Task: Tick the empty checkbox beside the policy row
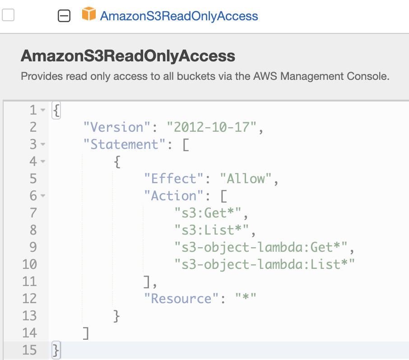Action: click(8, 15)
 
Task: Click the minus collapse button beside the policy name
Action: click(65, 16)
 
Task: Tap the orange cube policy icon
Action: click(89, 15)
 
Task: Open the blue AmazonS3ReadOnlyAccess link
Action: click(179, 16)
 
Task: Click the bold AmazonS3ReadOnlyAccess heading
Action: click(128, 56)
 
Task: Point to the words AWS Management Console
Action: click(334, 76)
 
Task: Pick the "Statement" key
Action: click(121, 144)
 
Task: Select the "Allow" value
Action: click(246, 179)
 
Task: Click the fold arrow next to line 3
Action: click(43, 145)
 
